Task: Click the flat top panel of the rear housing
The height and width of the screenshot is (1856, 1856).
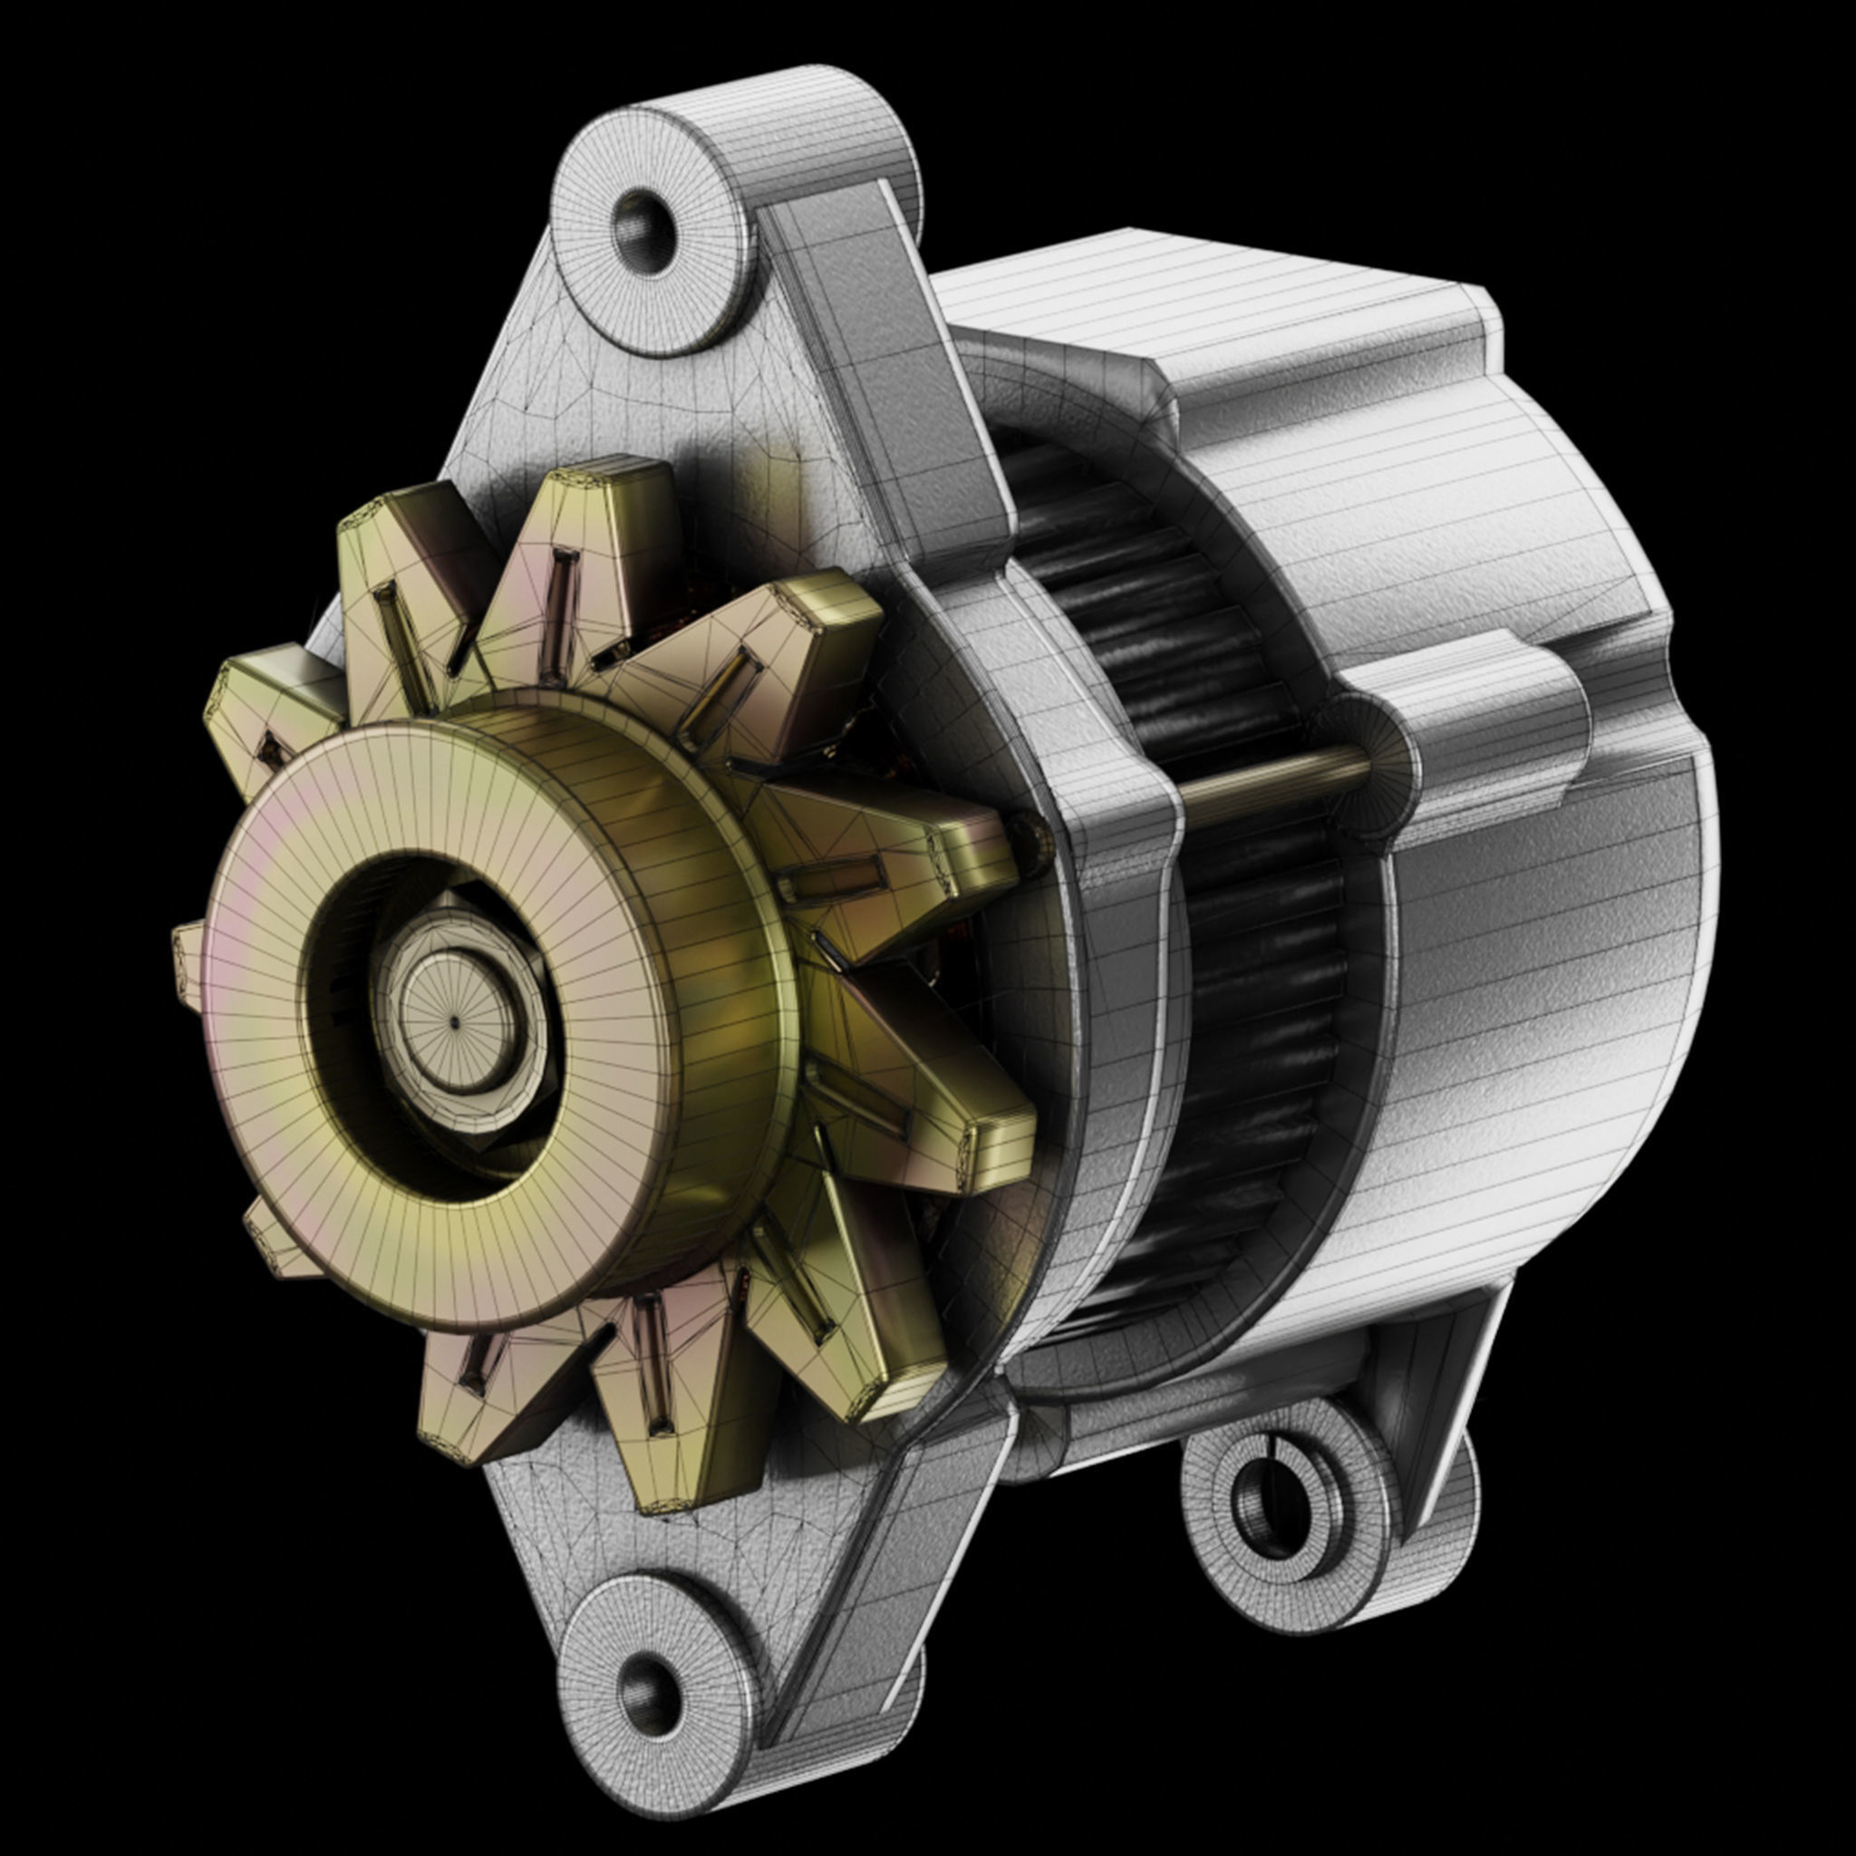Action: pos(1201,288)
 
